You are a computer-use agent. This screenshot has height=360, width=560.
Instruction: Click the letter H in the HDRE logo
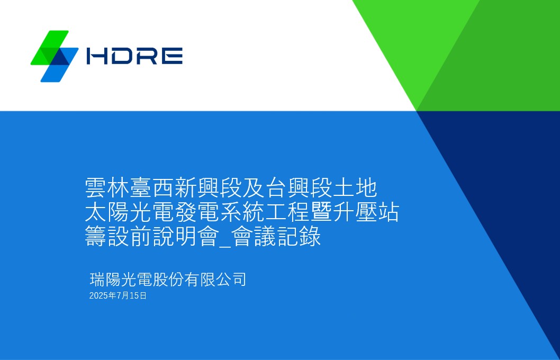tap(97, 56)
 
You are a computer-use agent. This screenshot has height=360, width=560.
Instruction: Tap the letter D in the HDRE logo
tap(122, 56)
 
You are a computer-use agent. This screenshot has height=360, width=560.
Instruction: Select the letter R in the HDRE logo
tap(147, 56)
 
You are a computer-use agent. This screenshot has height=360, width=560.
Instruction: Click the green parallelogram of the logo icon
tap(50, 48)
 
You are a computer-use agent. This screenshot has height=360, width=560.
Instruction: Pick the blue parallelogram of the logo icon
tap(59, 65)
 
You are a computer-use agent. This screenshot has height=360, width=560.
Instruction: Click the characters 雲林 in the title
tap(107, 188)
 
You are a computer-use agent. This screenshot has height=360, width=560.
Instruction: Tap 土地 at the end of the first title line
tap(355, 188)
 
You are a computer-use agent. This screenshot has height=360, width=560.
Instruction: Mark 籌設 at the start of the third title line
tap(107, 236)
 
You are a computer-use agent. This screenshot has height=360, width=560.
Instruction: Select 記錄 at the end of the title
tap(299, 236)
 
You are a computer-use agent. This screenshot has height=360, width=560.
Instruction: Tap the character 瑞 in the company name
tap(97, 280)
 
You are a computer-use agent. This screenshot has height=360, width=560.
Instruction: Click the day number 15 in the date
tap(134, 296)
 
